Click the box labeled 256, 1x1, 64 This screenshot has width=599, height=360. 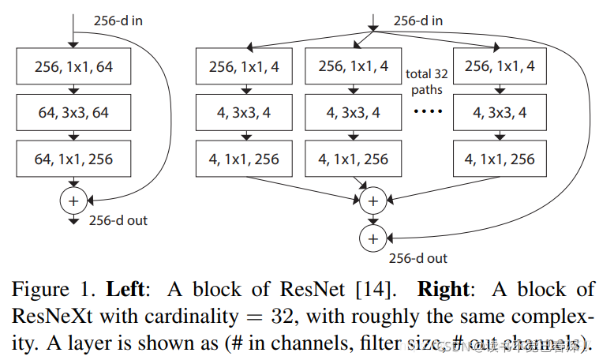[73, 67]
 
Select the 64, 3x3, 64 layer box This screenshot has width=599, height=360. [73, 113]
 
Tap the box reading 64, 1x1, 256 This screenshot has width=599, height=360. [73, 159]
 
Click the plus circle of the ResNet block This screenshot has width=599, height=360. [73, 201]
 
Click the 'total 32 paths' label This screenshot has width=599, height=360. [426, 81]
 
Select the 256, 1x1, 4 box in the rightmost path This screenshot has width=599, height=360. [499, 67]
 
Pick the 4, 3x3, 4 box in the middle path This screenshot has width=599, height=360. [353, 113]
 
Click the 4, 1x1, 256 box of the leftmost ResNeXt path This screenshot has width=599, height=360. [243, 159]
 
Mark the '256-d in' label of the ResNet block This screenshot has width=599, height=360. [116, 21]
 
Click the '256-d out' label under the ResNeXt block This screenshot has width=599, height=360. [417, 257]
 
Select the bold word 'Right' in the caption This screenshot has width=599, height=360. [444, 290]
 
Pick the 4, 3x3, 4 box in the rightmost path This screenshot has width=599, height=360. [499, 113]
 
